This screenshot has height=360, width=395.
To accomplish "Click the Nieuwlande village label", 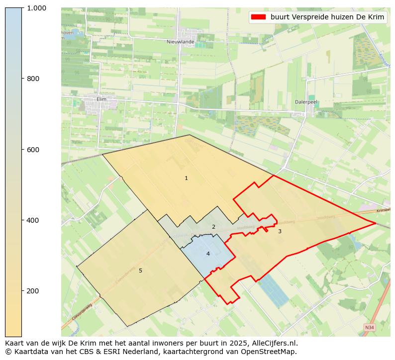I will pos(181,42).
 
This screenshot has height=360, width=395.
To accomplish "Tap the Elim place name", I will pos(101,99).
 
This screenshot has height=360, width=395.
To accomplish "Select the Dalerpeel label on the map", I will pos(306,101).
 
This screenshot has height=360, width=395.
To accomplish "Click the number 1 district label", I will pos(186,178).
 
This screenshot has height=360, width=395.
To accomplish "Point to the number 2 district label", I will pos(213,227).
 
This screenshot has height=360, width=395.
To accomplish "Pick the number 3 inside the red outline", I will pos(280,231).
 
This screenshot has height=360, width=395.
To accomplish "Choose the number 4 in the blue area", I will pos(208,254).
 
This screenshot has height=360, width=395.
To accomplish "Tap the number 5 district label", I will pos(140,270).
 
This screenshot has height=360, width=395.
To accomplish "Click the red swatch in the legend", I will pos(258,17).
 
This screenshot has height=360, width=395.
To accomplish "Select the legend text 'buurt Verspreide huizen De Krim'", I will pos(327,17).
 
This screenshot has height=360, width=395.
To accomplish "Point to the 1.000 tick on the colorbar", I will pos(36,8).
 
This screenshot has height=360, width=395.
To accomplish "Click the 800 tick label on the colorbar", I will pos(33,79).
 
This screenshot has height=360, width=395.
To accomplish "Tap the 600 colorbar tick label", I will pos(33,149).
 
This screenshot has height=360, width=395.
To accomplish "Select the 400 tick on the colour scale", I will pos(33,220).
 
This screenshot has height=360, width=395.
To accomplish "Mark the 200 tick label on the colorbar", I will pos(33,290).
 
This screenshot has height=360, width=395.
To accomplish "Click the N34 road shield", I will pos(369,328).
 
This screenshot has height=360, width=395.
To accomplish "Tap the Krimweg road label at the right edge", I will pos(384,210).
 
